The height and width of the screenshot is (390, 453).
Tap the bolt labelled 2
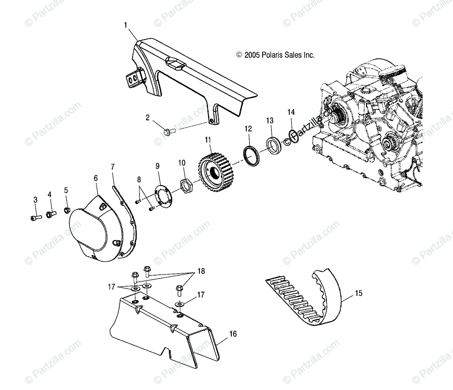[x=168, y=132]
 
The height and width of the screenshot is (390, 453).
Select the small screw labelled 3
[x=33, y=217]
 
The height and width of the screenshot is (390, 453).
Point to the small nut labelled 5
[x=67, y=210]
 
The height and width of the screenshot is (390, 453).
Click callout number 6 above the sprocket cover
[x=96, y=178]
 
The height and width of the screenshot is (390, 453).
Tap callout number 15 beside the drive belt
[x=359, y=292]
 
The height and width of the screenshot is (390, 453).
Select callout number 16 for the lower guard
[x=233, y=334]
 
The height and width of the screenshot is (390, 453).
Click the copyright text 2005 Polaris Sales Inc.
[x=275, y=55]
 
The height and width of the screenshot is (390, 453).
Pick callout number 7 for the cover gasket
[x=112, y=167]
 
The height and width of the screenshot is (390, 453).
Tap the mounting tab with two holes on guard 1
[x=134, y=79]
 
